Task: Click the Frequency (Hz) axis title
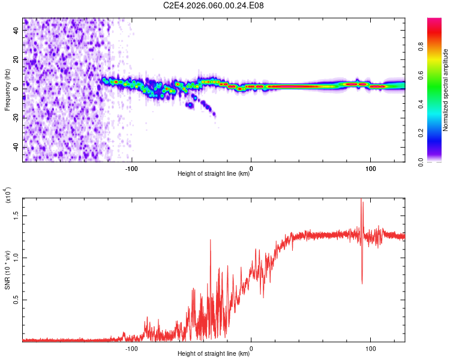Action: click(x=7, y=90)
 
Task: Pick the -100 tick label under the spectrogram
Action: click(x=131, y=169)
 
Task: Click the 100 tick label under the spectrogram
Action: click(x=371, y=169)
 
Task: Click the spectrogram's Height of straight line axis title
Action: click(x=214, y=175)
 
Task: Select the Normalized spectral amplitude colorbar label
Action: click(x=446, y=90)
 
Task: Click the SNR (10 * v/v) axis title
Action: click(x=7, y=269)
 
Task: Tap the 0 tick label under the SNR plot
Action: click(x=251, y=348)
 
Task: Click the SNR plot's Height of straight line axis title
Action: click(x=214, y=354)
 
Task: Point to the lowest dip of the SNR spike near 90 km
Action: click(x=362, y=283)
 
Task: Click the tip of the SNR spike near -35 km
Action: click(x=211, y=239)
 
